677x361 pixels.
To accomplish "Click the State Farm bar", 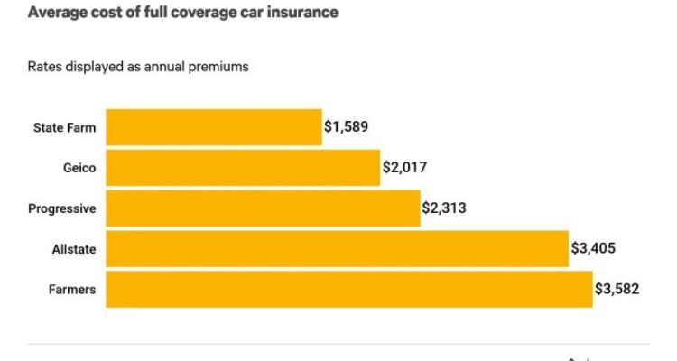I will (214, 127).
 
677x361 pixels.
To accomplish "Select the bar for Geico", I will (243, 168).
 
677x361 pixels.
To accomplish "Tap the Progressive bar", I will (263, 208).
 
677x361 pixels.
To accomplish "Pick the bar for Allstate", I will (337, 248).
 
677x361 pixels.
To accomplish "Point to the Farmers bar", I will (349, 289).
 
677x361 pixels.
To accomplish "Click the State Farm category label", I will (64, 127).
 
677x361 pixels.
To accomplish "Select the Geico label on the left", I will (79, 168).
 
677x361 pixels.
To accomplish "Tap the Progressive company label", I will (62, 208).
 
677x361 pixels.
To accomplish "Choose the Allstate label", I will (75, 248).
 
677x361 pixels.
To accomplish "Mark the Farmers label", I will (74, 289).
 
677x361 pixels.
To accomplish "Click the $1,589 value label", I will (347, 127).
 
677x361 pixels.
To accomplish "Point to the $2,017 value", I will (405, 168).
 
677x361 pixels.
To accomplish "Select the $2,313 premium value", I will (445, 208).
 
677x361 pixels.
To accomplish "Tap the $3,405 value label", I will (594, 248).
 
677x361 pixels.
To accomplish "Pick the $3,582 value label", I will (617, 289).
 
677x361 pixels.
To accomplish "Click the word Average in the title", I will (55, 13).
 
